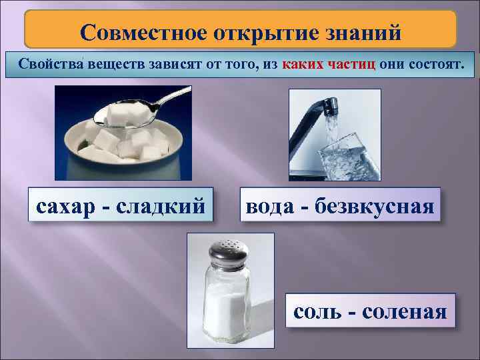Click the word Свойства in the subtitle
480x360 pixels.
pos(49,64)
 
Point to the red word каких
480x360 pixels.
pos(304,64)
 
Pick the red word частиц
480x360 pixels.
pos(352,64)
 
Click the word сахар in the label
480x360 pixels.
pos(66,205)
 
